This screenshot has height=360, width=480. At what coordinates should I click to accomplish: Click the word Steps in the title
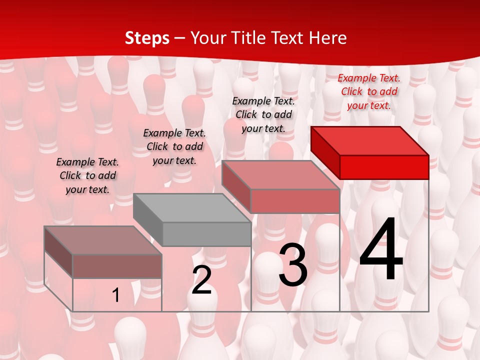click(147, 38)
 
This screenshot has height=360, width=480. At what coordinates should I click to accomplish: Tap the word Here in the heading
click(327, 38)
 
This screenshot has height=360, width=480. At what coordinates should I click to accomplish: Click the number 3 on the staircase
click(293, 265)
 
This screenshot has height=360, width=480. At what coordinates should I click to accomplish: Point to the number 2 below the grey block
click(201, 280)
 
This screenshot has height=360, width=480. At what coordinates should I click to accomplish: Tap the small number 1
click(116, 295)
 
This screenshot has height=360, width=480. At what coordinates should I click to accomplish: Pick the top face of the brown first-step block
click(103, 240)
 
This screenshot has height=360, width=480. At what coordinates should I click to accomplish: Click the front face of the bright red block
click(384, 167)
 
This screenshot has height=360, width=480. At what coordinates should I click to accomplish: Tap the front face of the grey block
click(206, 234)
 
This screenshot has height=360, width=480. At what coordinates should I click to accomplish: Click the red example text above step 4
click(369, 91)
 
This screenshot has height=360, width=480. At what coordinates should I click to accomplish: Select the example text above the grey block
click(174, 146)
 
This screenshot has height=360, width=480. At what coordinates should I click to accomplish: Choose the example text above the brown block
click(87, 175)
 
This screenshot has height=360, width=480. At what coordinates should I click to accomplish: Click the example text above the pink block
click(263, 114)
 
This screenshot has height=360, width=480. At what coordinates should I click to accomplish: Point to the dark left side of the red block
click(325, 152)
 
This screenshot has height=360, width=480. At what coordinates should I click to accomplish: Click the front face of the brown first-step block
click(117, 266)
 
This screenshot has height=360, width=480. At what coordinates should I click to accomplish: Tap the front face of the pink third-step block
click(295, 201)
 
